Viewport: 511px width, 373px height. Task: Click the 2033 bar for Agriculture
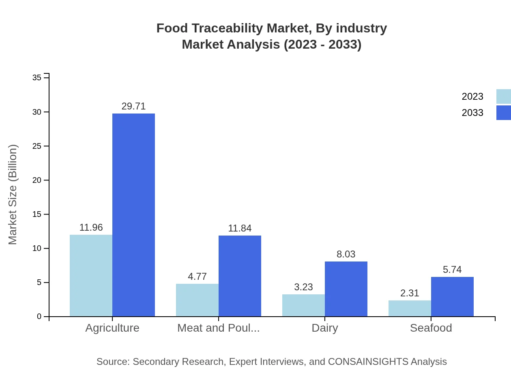133,215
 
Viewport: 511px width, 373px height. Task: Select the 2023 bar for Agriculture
91,276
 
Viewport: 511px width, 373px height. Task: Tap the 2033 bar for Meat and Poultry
240,276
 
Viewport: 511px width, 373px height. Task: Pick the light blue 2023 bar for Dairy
303,305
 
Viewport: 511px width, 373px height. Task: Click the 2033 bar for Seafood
452,297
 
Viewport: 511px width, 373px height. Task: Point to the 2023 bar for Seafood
410,308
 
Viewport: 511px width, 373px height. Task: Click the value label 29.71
133,106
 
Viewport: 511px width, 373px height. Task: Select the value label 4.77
197,277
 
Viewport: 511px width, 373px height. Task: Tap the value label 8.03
346,254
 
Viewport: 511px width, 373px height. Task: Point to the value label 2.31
410,293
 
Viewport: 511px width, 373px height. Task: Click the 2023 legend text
472,96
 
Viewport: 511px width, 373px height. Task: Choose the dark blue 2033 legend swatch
503,113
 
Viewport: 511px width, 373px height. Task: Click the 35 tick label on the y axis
37,77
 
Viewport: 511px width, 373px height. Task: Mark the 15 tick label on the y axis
37,214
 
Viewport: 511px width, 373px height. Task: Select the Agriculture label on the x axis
112,328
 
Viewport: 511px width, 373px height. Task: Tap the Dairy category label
325,328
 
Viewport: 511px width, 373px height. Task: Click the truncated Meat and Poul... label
219,328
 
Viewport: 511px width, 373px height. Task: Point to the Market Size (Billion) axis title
13,195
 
